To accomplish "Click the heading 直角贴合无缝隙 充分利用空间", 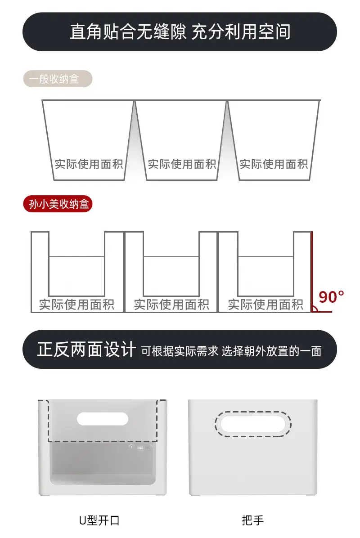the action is [180, 32].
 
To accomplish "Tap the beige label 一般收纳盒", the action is [58, 79].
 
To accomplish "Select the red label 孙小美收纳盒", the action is [58, 204].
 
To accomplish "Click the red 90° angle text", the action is [331, 297].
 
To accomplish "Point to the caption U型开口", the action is [99, 520].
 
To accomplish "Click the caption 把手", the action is [252, 520].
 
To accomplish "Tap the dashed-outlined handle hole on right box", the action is [253, 424].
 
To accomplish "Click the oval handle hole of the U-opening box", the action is [103, 419].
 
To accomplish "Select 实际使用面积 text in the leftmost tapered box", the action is [89, 164].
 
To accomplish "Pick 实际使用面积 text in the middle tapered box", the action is [182, 164].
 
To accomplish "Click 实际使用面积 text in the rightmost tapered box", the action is [274, 164].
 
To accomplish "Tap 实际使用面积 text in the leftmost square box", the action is [76, 305].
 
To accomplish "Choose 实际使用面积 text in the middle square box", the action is [171, 305].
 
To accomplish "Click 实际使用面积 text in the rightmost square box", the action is [265, 305].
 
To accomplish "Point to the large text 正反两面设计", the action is [87, 350].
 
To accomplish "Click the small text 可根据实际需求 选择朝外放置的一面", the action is [231, 351].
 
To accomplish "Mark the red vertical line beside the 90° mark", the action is [311, 272].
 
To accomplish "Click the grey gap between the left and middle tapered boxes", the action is [135, 144].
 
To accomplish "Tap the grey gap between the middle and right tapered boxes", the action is [227, 144].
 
